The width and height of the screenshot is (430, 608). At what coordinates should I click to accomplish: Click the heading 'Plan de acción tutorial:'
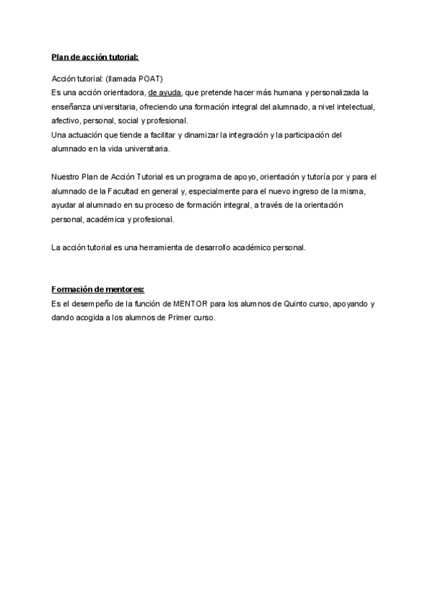[95, 57]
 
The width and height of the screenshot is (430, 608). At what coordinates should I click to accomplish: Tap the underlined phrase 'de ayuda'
[165, 92]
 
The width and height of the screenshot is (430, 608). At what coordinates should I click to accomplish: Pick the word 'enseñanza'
[72, 107]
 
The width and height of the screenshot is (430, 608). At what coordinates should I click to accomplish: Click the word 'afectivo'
[66, 120]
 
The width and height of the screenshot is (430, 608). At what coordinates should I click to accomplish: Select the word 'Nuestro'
[66, 176]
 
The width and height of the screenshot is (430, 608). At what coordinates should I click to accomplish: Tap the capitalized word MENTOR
[190, 304]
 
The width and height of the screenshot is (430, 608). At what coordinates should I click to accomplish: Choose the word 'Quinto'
[320, 304]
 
